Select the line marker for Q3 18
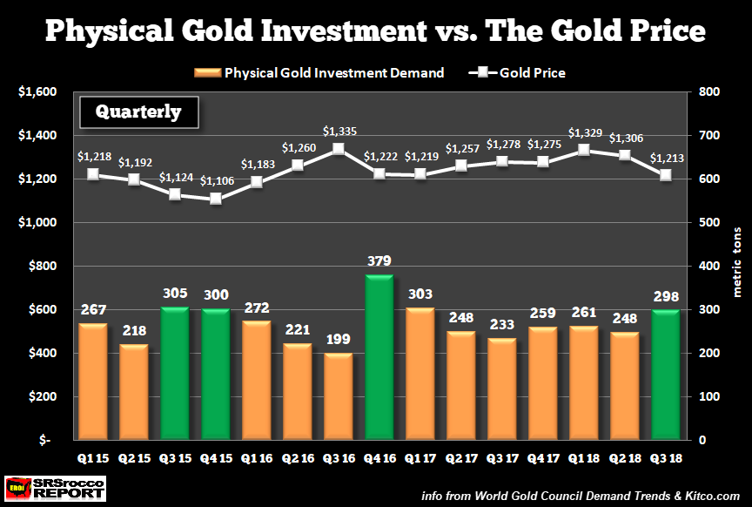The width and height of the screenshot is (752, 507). click(x=666, y=175)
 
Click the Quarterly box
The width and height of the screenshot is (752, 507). click(x=138, y=112)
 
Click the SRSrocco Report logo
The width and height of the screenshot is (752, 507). click(x=55, y=489)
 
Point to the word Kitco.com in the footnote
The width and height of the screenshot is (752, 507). click(x=714, y=495)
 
